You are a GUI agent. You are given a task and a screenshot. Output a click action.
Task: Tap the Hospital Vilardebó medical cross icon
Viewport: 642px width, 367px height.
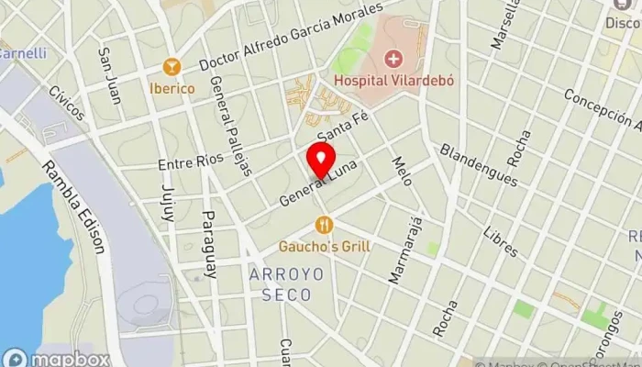coord(394,60)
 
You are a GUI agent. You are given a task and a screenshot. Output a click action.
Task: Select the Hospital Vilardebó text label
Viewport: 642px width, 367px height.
coord(394,80)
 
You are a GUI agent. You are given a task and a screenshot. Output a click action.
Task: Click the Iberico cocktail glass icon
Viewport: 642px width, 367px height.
coord(171,67)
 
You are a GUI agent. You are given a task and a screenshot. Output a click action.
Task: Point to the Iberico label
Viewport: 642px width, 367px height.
coord(172,88)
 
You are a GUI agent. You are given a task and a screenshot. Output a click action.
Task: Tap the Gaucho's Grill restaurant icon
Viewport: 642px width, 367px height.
coord(323,224)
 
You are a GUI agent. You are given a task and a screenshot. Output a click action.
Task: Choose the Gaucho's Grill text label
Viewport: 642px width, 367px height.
coord(323,246)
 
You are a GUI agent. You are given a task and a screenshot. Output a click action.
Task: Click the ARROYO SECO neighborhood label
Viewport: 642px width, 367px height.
coord(280,284)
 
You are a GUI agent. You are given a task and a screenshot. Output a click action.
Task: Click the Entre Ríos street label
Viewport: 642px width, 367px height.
coord(191,162)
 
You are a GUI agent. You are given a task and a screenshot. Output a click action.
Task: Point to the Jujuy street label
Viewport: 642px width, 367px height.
coord(168,203)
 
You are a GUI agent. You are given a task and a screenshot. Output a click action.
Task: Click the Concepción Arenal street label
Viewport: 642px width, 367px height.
coord(601,112)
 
